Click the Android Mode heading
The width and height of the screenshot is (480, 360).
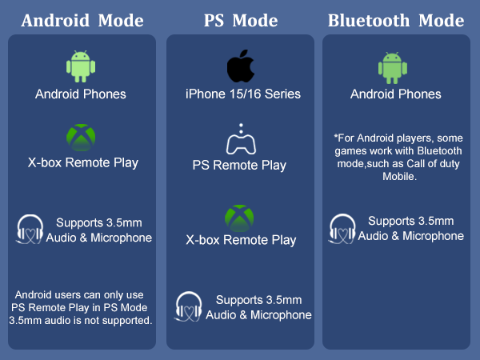pos(82,20)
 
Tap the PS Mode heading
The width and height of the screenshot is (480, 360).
pos(241,20)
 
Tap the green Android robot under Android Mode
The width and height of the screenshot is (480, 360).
pos(80,67)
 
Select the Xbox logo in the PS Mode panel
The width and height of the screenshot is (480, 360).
pos(239,216)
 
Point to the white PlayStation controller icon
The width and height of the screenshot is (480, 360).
pos(240,141)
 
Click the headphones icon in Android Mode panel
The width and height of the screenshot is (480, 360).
pos(30,229)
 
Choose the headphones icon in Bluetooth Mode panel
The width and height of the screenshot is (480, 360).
pos(342,227)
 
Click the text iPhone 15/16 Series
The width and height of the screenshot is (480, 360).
pos(242,94)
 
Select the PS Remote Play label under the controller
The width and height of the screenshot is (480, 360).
pos(239,166)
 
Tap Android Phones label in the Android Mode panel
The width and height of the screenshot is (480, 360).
pos(80,94)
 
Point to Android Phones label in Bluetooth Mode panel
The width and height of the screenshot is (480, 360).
pos(395,94)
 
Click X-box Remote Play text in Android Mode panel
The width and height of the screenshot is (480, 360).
pos(82,163)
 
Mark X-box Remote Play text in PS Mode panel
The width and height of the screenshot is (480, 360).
pos(240,240)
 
